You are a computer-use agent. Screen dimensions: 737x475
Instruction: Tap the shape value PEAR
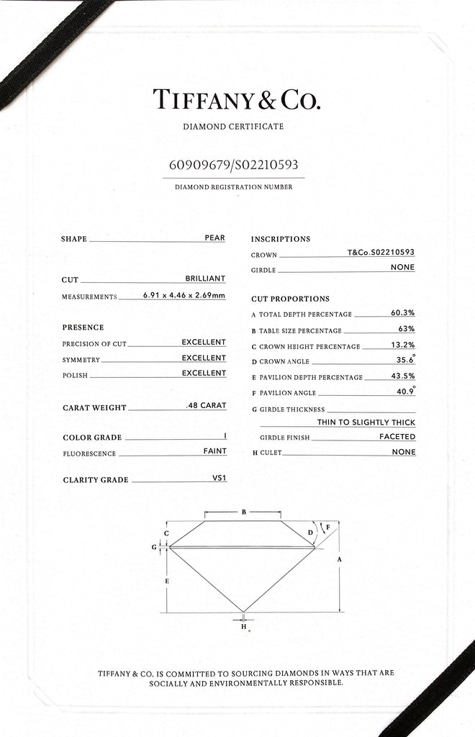[214, 238]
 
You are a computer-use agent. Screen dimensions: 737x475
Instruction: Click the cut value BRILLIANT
[205, 279]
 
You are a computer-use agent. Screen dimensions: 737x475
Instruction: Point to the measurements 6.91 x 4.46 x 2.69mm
[181, 296]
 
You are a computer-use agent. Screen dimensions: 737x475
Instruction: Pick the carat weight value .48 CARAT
[206, 406]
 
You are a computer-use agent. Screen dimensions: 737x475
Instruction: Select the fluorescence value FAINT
[214, 451]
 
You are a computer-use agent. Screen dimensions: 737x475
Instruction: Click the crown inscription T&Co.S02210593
[381, 253]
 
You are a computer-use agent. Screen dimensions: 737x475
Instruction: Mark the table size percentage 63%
[406, 329]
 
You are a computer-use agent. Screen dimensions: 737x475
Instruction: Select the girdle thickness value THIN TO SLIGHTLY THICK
[366, 422]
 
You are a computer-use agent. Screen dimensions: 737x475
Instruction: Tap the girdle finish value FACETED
[397, 437]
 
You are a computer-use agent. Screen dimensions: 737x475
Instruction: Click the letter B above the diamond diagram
[244, 512]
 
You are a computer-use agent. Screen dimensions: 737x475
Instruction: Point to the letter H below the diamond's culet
[243, 626]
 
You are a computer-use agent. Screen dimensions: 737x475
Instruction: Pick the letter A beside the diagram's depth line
[339, 559]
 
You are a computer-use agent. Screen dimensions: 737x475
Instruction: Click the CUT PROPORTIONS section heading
[290, 299]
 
